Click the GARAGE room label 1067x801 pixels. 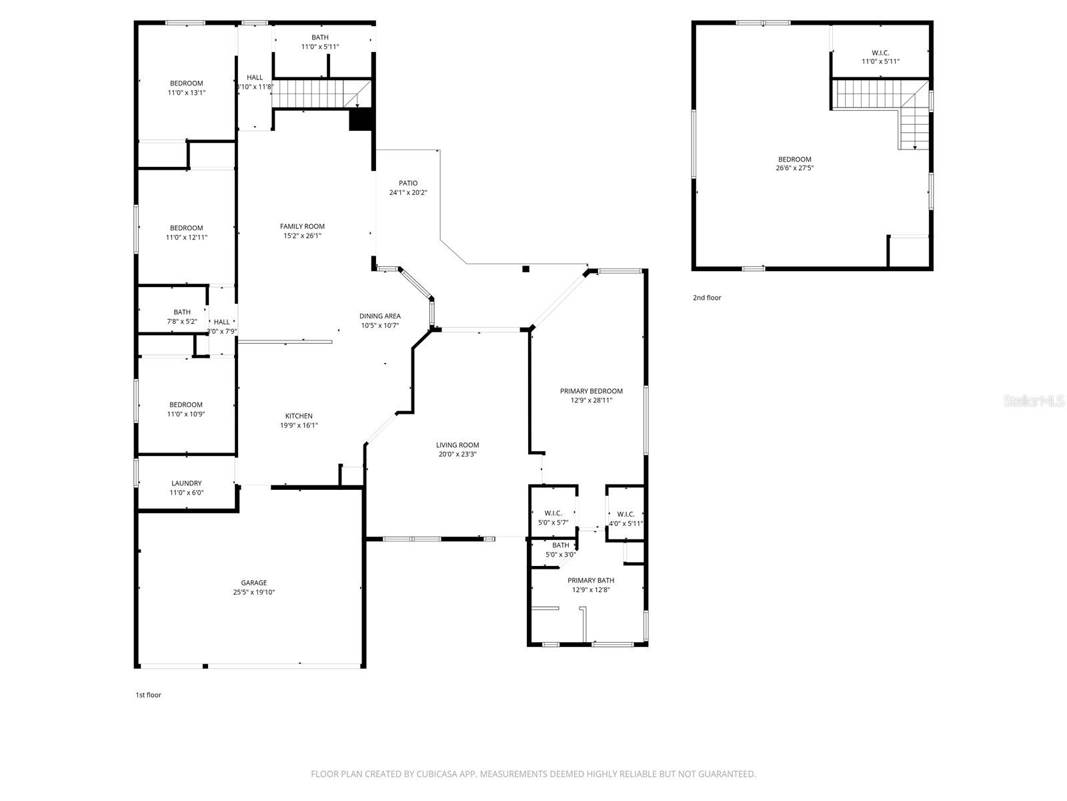click(x=254, y=583)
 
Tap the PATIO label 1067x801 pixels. click(x=408, y=183)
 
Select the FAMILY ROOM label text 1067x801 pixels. click(x=302, y=226)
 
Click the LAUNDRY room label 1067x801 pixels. click(x=186, y=483)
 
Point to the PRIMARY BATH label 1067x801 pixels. click(x=591, y=581)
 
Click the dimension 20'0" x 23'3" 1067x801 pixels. click(x=457, y=455)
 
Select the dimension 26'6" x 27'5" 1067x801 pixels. click(x=794, y=168)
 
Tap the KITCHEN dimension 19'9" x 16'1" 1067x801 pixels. click(x=299, y=425)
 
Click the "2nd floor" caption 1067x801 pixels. click(x=707, y=298)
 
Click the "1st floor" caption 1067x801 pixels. click(x=148, y=695)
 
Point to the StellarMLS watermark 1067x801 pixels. click(x=1034, y=401)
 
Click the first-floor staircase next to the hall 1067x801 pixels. click(x=313, y=93)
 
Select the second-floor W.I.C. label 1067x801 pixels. click(x=880, y=53)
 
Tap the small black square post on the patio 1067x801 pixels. click(x=525, y=269)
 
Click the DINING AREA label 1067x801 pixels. click(x=380, y=316)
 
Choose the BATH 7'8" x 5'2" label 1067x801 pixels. click(x=182, y=316)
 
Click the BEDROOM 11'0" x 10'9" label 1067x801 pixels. click(x=186, y=409)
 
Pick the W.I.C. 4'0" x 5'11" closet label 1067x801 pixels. click(x=626, y=519)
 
